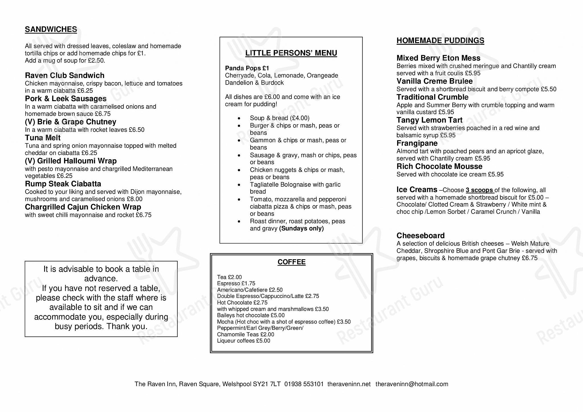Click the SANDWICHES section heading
click(51, 30)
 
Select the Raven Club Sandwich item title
click(65, 75)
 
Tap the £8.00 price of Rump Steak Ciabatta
click(135, 199)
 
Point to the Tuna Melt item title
click(43, 138)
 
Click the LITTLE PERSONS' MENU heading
click(291, 53)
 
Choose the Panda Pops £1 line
click(247, 68)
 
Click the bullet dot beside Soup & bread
click(239, 118)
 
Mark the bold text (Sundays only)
click(301, 229)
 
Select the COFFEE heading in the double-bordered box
click(291, 262)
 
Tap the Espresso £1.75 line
click(236, 283)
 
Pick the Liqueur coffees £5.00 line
click(243, 341)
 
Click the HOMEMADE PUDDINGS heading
click(440, 41)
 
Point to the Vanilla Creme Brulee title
click(434, 81)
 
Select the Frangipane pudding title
click(417, 143)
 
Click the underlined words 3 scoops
click(480, 190)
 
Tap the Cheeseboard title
click(420, 236)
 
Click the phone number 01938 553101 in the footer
click(304, 384)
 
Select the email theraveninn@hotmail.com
click(412, 384)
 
